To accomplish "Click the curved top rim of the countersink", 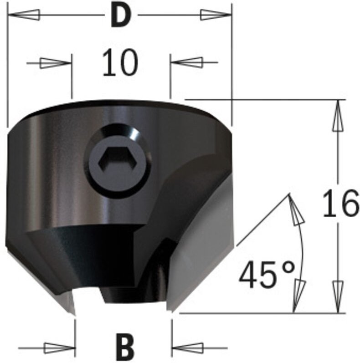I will click(121, 106).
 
